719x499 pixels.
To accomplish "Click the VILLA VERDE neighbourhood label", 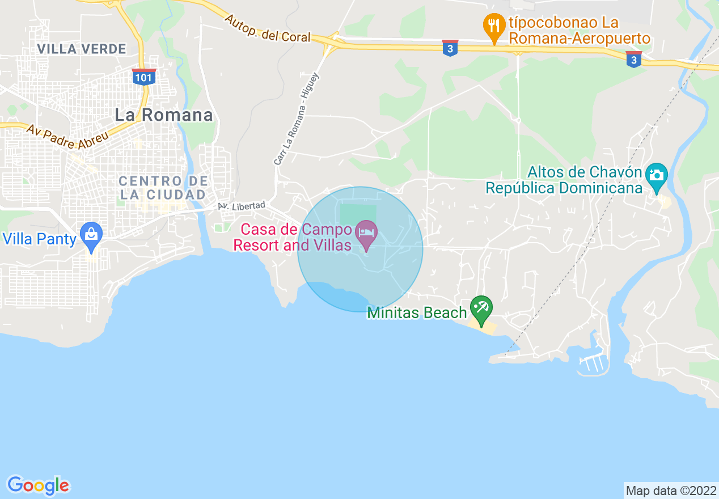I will (x=82, y=49).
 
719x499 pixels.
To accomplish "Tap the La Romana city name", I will (x=164, y=115).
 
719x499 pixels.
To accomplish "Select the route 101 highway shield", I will (x=143, y=77).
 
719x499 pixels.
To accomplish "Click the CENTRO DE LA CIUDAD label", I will (x=163, y=188).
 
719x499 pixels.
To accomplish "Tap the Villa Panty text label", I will (x=40, y=239).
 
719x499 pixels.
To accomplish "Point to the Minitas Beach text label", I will (x=417, y=312).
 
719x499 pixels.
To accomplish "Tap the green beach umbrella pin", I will (x=482, y=308).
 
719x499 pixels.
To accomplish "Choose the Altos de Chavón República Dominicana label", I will (x=564, y=180).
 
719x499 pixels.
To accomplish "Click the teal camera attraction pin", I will (x=657, y=174).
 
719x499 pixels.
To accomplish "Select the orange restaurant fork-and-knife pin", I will (x=494, y=25).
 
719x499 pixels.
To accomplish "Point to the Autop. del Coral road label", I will (x=267, y=29).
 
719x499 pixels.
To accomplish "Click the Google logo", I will (x=38, y=485).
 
